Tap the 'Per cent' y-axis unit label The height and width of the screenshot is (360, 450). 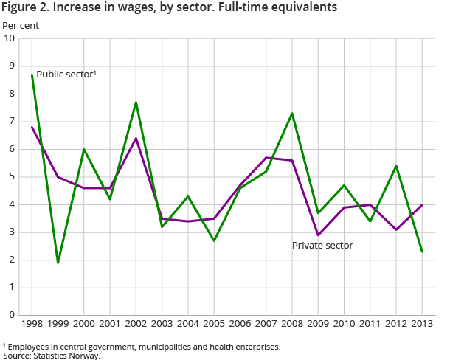[x=21, y=25]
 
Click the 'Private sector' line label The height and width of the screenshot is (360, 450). [x=322, y=245]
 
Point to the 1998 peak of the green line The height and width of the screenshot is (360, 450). [x=32, y=75]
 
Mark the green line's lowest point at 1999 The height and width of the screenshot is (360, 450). [x=58, y=263]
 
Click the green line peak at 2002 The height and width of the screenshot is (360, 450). [x=136, y=102]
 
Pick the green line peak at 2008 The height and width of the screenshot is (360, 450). [x=292, y=113]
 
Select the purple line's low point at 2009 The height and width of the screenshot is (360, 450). [x=318, y=235]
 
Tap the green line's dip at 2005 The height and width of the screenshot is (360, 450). [x=214, y=240]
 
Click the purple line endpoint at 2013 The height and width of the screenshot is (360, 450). [x=422, y=204]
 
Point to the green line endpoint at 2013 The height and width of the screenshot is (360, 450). [x=422, y=252]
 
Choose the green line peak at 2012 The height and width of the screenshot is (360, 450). [x=396, y=166]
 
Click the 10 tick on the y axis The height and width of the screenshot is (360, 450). [x=10, y=38]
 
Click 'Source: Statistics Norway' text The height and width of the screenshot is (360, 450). [x=52, y=355]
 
